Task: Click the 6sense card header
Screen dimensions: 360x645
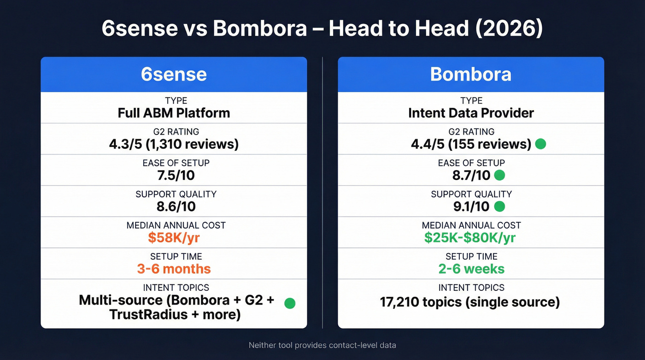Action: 174,74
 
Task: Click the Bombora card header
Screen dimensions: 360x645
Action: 470,74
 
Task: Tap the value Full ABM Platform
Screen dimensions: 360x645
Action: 174,113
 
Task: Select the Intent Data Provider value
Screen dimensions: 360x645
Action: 471,113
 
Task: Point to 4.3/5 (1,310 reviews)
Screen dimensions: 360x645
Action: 174,144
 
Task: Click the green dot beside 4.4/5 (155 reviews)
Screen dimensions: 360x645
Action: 540,144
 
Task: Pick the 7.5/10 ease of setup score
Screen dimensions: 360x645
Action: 174,175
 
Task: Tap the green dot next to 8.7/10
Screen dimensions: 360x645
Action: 499,175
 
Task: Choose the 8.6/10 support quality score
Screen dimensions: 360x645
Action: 174,206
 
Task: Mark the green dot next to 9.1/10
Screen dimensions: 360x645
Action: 499,207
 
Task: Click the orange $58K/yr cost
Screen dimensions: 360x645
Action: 174,238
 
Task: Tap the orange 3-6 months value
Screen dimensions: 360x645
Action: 174,269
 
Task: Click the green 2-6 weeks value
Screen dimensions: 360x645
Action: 471,269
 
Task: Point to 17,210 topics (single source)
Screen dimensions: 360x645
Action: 470,302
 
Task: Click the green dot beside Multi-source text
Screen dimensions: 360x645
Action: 289,303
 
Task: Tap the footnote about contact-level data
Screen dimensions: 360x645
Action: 322,345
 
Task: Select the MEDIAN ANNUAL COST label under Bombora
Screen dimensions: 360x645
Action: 471,225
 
